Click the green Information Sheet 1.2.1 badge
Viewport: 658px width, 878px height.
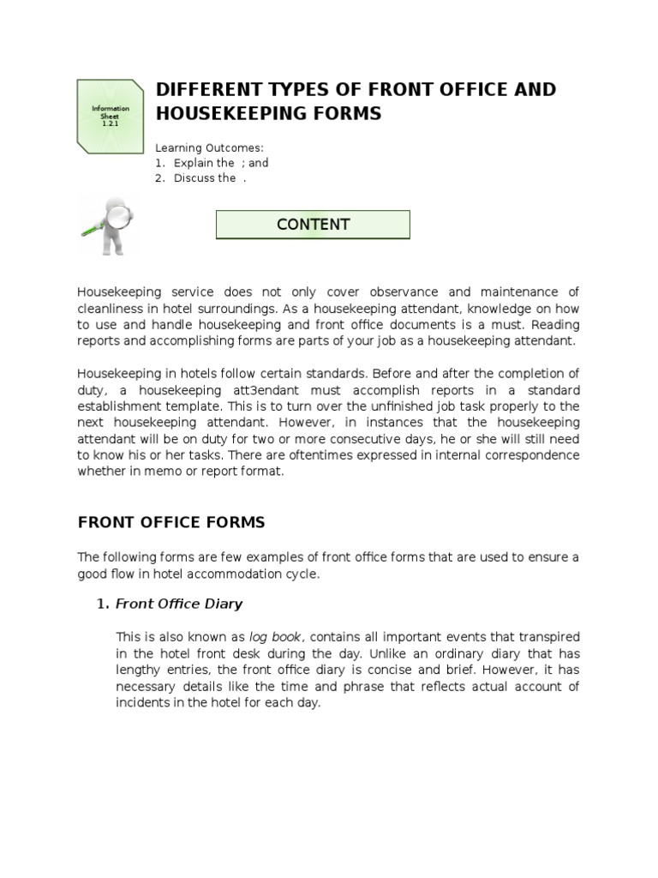tap(111, 115)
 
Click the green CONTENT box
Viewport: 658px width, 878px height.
tap(313, 225)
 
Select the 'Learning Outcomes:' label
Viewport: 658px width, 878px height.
tap(203, 147)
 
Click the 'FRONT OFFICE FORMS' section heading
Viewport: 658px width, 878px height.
tap(171, 522)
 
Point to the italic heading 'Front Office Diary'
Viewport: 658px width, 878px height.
tap(179, 604)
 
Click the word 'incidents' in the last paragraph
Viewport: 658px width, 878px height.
tap(142, 702)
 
